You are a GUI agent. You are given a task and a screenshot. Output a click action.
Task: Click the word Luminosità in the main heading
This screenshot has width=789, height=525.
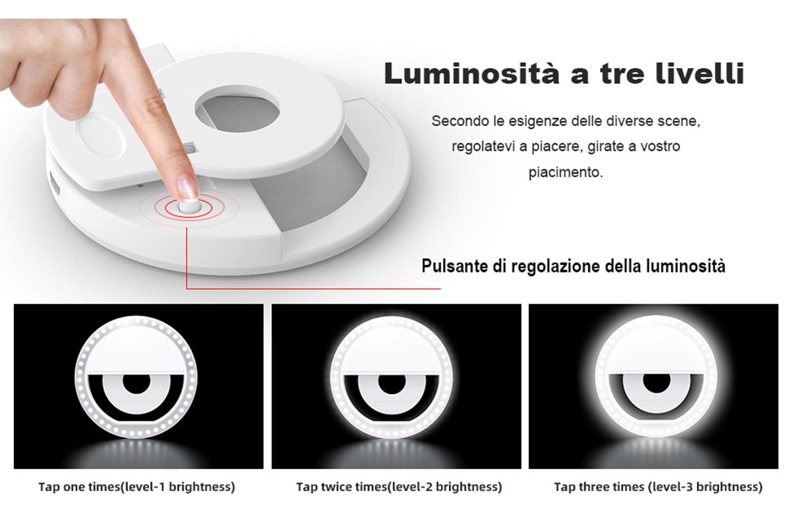click(x=472, y=73)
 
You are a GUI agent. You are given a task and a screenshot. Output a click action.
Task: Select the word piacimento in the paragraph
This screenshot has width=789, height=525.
click(x=566, y=172)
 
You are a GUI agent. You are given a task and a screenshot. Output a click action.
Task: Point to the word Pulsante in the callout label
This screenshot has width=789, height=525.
click(x=455, y=266)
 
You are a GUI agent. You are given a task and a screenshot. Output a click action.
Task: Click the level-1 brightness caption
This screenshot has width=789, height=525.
click(x=136, y=487)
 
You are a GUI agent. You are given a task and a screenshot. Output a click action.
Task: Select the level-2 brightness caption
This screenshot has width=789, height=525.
click(x=399, y=487)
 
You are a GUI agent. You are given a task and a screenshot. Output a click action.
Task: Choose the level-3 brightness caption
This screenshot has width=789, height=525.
click(x=658, y=487)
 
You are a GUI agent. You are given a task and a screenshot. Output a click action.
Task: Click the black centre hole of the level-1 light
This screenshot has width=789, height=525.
click(x=136, y=384)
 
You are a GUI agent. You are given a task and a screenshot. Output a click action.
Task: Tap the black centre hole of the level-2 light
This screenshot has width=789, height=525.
click(x=392, y=384)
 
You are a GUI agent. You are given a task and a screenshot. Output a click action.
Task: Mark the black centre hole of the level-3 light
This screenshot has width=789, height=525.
click(x=657, y=383)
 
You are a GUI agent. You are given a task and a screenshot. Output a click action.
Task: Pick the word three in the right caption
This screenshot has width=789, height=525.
click(x=594, y=487)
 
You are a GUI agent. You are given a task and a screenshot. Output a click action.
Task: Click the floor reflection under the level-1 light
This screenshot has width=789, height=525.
click(x=138, y=453)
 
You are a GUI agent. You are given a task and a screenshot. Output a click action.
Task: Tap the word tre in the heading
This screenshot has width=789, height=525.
click(x=622, y=74)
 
